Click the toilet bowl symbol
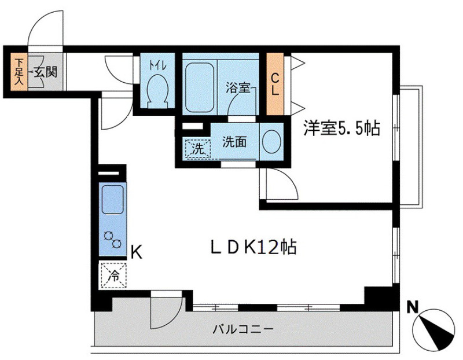coord(157,91)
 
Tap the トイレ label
coord(158,65)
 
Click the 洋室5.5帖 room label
coord(341,128)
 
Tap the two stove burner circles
coord(112,240)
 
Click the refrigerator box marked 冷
coord(114,275)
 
